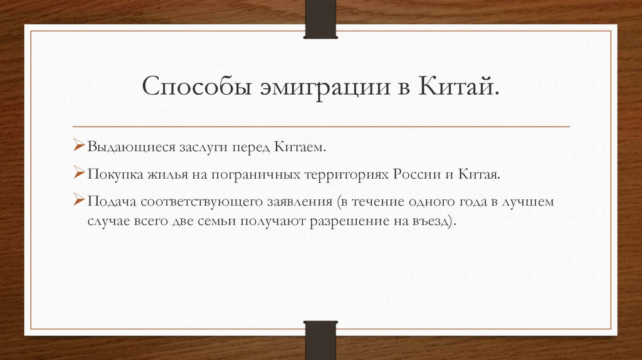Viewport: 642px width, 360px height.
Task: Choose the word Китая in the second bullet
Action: pos(480,174)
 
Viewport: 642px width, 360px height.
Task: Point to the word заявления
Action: pos(298,203)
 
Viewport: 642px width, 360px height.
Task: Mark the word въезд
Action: pos(432,222)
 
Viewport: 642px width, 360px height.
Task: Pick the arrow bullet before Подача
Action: pos(80,201)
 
